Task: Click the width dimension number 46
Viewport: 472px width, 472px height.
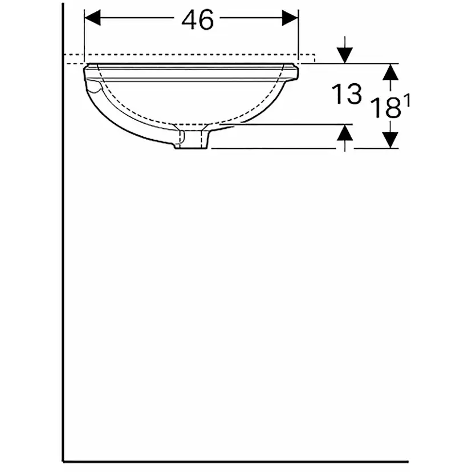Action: [x=198, y=21]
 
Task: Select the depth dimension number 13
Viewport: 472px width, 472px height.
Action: [x=348, y=94]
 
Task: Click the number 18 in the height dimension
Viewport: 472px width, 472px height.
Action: [x=385, y=108]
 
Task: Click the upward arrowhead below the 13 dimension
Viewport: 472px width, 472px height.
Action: [x=344, y=133]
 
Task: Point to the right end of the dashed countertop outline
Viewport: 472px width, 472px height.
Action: [x=315, y=58]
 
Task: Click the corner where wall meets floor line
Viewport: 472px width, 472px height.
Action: [x=63, y=461]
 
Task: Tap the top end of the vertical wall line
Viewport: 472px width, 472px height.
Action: [x=63, y=5]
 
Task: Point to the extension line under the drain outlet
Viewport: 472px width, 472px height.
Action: [x=274, y=149]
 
